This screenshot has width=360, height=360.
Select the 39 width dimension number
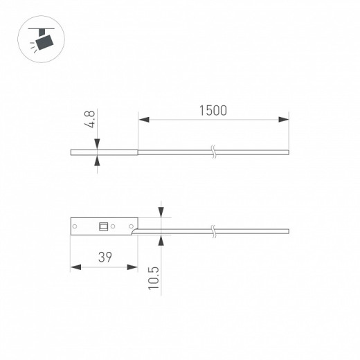tap(105, 257)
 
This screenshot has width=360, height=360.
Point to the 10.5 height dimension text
tap(154, 277)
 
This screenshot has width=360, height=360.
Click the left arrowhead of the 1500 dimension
tap(143, 120)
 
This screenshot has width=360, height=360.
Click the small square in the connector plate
tap(103, 225)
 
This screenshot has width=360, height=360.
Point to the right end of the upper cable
tap(287, 151)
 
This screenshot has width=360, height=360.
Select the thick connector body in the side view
tap(104, 151)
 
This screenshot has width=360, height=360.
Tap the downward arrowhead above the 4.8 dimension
tap(96, 144)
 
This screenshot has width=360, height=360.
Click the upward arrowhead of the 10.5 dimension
tap(161, 239)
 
